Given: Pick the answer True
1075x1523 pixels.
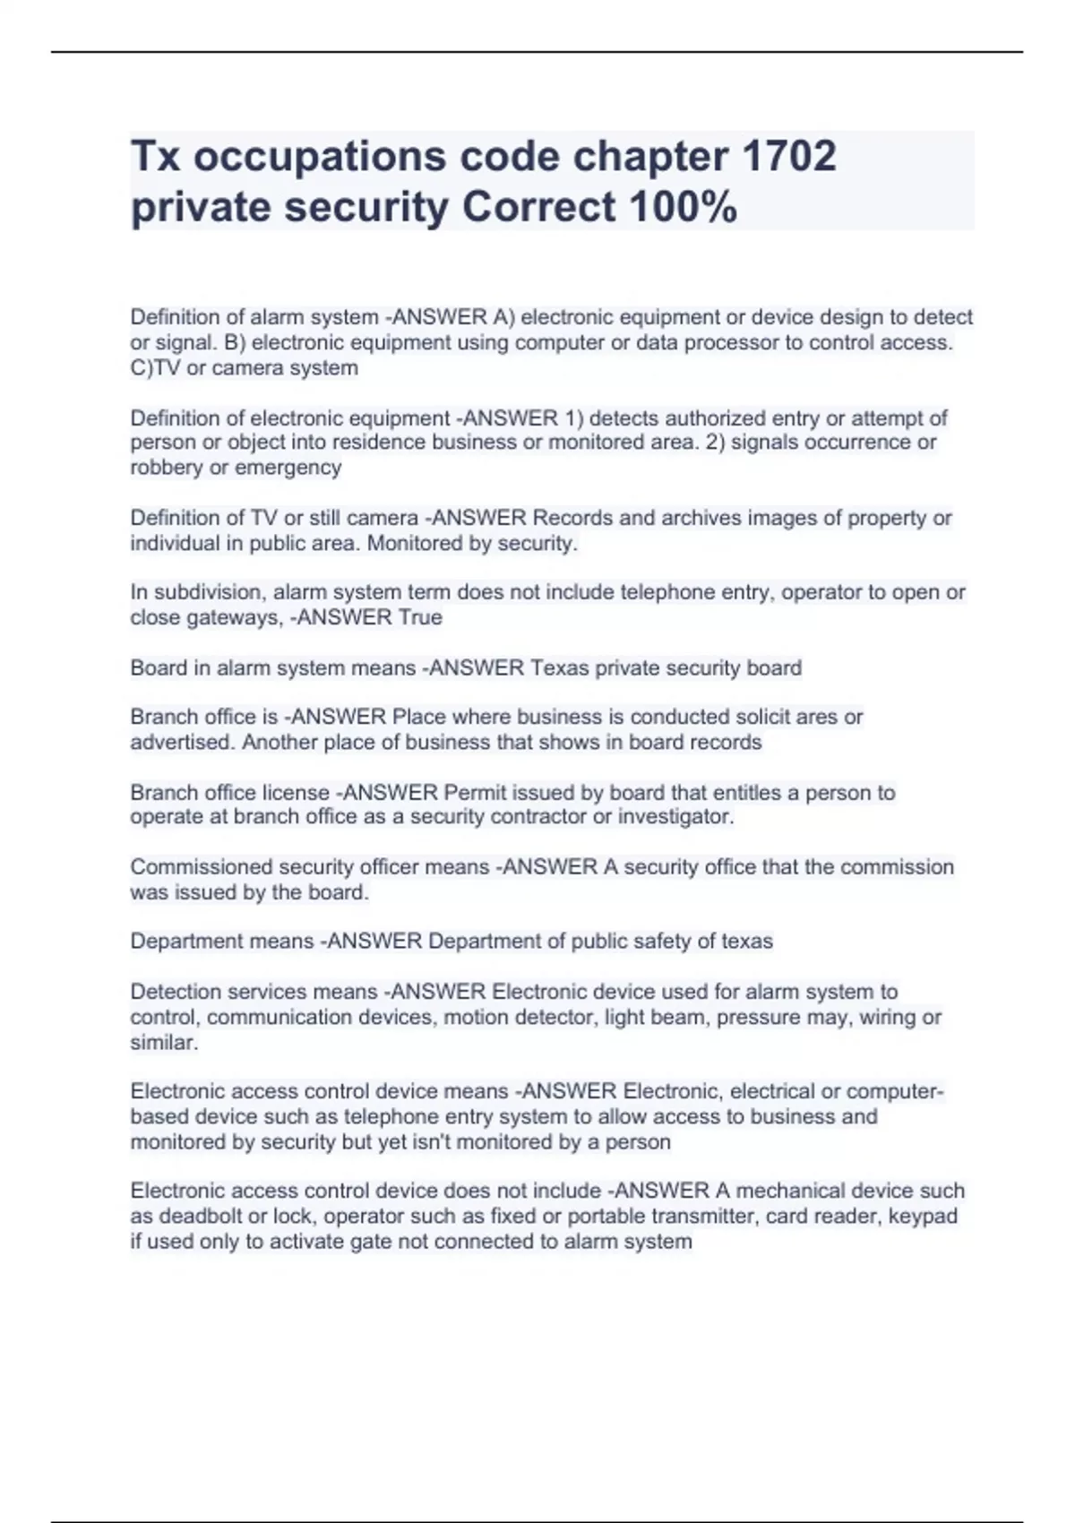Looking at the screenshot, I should (420, 617).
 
